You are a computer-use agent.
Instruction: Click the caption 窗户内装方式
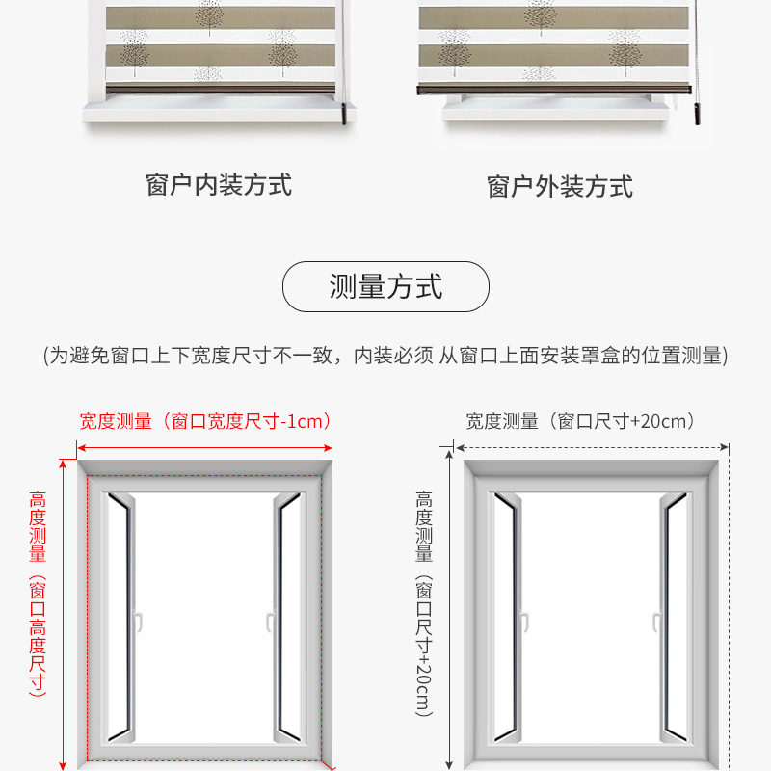coord(219,184)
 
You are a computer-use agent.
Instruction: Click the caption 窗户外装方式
coord(560,186)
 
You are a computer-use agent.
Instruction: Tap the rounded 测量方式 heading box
coord(385,287)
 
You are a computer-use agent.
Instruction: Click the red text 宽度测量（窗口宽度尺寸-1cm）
coord(206,421)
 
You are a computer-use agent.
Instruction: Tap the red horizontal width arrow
coord(205,447)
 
